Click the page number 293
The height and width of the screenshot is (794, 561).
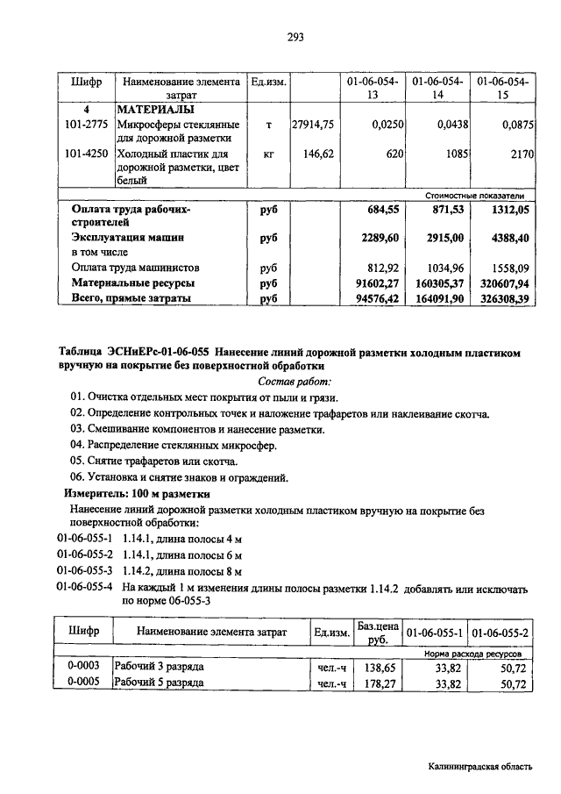coord(295,37)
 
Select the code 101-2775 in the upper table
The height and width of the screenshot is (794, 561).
coord(86,125)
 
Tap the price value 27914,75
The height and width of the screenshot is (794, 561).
coord(313,125)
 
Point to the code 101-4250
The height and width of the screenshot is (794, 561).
coord(86,154)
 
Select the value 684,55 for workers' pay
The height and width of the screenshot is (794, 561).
coord(381,210)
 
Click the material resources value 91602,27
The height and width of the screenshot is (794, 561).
coord(378,283)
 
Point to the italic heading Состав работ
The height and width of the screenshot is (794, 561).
coord(295,381)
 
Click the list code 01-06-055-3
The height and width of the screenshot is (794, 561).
coord(85,569)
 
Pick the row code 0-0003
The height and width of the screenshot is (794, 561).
coord(84,667)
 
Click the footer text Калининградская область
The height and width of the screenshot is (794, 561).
coord(479,766)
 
